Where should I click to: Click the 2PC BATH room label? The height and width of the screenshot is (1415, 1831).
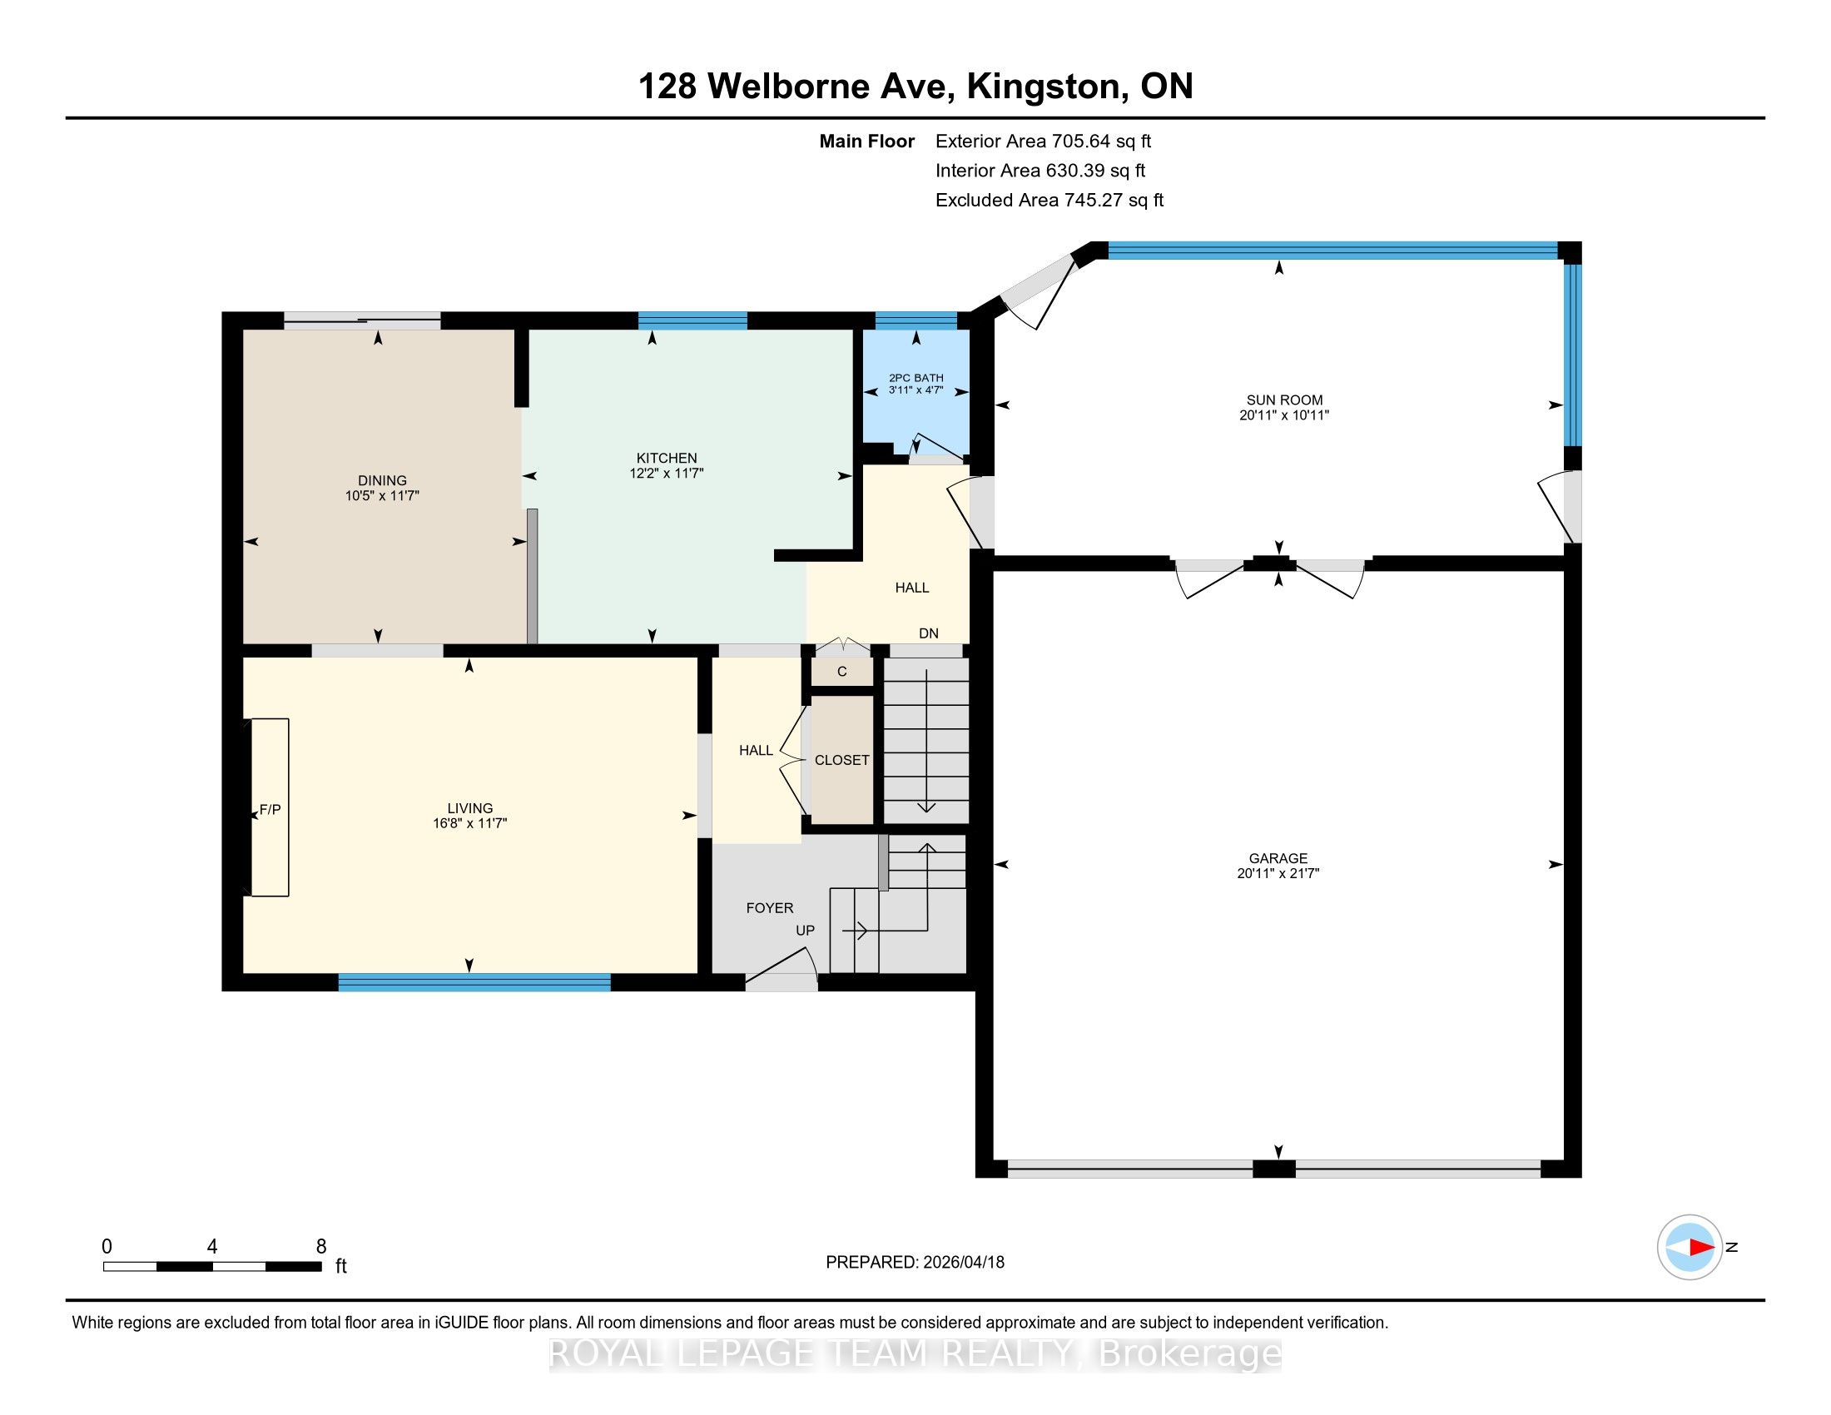click(916, 378)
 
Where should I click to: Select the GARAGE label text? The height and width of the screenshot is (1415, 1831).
click(1278, 858)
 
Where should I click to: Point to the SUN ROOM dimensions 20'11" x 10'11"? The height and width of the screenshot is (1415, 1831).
click(1284, 415)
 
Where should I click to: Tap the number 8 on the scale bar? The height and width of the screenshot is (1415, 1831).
click(321, 1247)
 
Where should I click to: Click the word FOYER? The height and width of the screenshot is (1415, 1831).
click(770, 908)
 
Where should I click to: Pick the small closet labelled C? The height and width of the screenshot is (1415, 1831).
click(841, 672)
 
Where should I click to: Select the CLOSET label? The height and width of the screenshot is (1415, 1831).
click(841, 760)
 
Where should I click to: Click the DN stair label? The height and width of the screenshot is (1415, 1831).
click(928, 633)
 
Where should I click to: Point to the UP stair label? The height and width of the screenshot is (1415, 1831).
click(805, 931)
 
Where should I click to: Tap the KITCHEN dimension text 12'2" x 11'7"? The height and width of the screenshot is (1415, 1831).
click(667, 473)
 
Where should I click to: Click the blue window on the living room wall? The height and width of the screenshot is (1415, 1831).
click(474, 981)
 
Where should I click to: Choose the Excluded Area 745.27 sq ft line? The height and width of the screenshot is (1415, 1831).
click(1049, 200)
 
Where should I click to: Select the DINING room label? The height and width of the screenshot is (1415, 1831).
click(382, 480)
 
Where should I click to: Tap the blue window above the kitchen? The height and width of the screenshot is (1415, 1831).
click(692, 320)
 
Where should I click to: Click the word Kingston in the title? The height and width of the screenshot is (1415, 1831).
click(1043, 87)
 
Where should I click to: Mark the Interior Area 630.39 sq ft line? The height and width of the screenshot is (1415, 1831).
click(1040, 170)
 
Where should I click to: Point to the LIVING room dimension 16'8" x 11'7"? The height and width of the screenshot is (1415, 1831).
click(469, 823)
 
